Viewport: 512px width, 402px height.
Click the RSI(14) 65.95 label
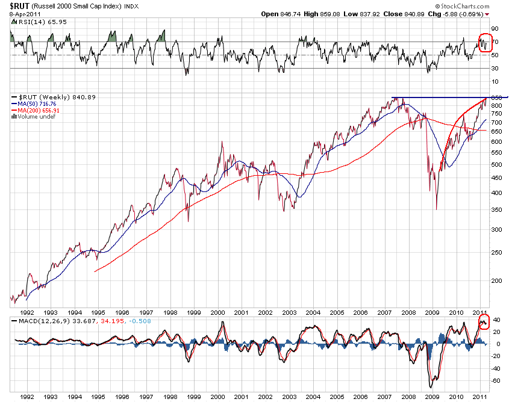[x=33, y=21]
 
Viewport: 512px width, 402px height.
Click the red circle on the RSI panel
[x=484, y=43]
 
